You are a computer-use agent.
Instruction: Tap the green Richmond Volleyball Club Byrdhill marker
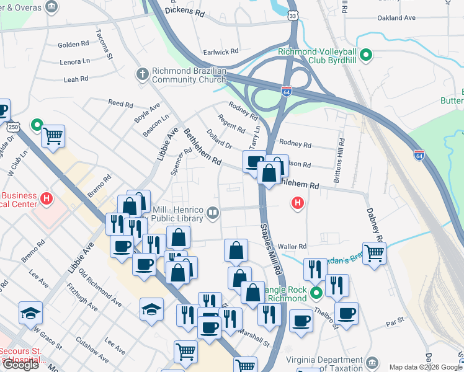(366, 56)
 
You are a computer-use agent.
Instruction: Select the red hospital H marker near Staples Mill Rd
(298, 203)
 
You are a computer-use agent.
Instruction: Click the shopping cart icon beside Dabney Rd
(374, 252)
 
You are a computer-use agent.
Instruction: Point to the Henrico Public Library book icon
(213, 213)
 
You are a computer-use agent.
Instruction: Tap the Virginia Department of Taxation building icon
(372, 361)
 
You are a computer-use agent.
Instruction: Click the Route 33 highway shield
(292, 13)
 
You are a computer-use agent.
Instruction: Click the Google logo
(20, 365)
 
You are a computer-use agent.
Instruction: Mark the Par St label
(395, 322)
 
